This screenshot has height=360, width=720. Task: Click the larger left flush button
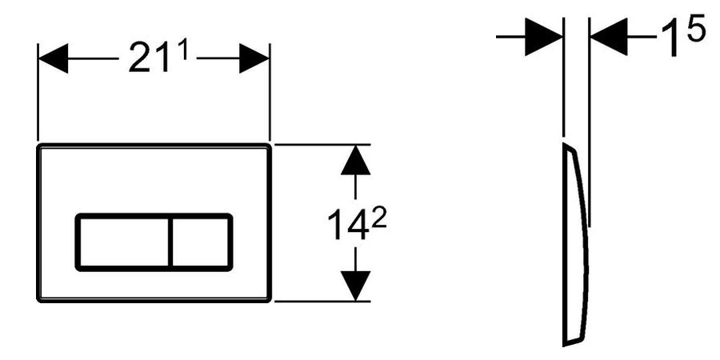coord(123,241)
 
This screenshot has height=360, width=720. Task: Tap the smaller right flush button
coord(201,241)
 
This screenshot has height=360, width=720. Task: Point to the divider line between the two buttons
coord(170,241)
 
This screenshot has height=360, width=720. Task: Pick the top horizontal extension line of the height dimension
coord(320,144)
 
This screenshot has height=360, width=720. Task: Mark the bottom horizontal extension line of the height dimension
coord(320,302)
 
